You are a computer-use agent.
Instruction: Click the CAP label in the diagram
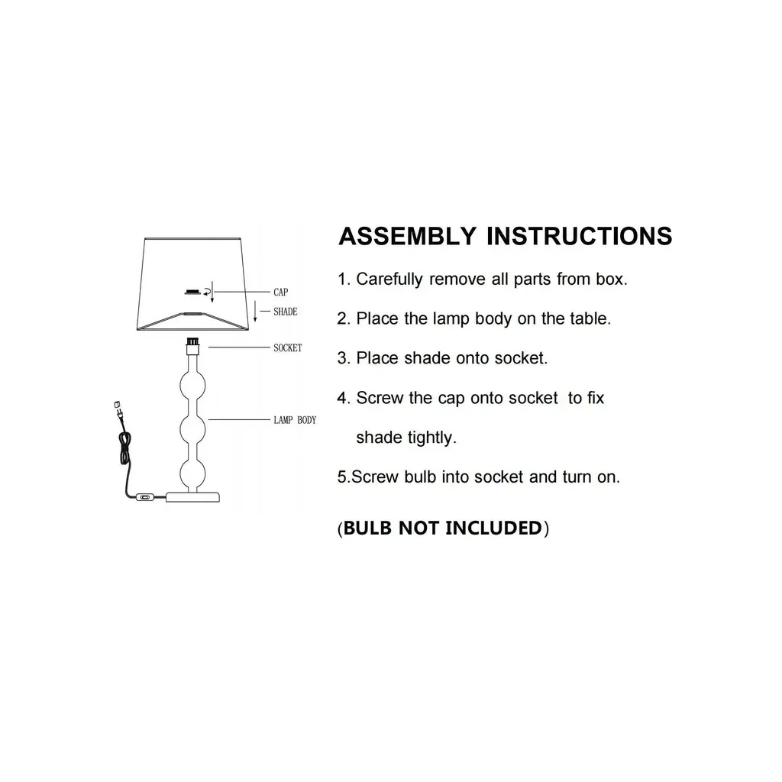(x=281, y=292)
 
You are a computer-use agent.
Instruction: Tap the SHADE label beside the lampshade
(x=286, y=312)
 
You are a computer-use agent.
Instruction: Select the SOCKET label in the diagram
(x=288, y=347)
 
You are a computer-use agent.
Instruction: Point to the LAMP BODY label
(x=295, y=420)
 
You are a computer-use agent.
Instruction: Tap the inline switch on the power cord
(x=145, y=496)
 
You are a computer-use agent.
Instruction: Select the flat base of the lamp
(x=192, y=496)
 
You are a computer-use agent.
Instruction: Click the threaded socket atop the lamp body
(x=192, y=341)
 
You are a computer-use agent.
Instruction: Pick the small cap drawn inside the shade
(x=192, y=292)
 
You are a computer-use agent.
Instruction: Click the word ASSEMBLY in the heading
(x=408, y=236)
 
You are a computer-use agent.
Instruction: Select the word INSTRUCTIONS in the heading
(x=580, y=236)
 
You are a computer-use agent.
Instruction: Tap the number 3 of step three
(x=341, y=358)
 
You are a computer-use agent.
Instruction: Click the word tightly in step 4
(x=429, y=438)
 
